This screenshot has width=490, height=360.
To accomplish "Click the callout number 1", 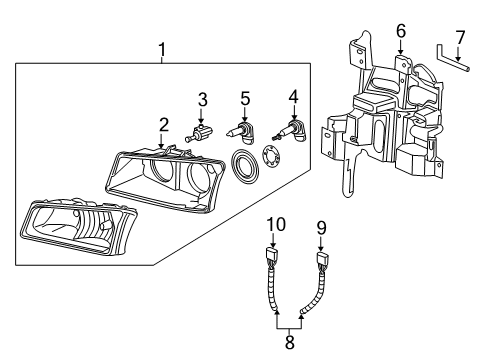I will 161,48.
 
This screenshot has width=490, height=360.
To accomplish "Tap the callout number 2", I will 162,124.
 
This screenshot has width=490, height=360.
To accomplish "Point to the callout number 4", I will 294,98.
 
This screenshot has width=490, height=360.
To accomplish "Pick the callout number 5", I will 245,98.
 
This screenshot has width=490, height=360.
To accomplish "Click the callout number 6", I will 400,31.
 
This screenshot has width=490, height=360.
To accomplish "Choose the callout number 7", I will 460,39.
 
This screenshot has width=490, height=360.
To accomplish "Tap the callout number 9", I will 323,228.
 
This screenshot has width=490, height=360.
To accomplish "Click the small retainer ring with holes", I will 270,157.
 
